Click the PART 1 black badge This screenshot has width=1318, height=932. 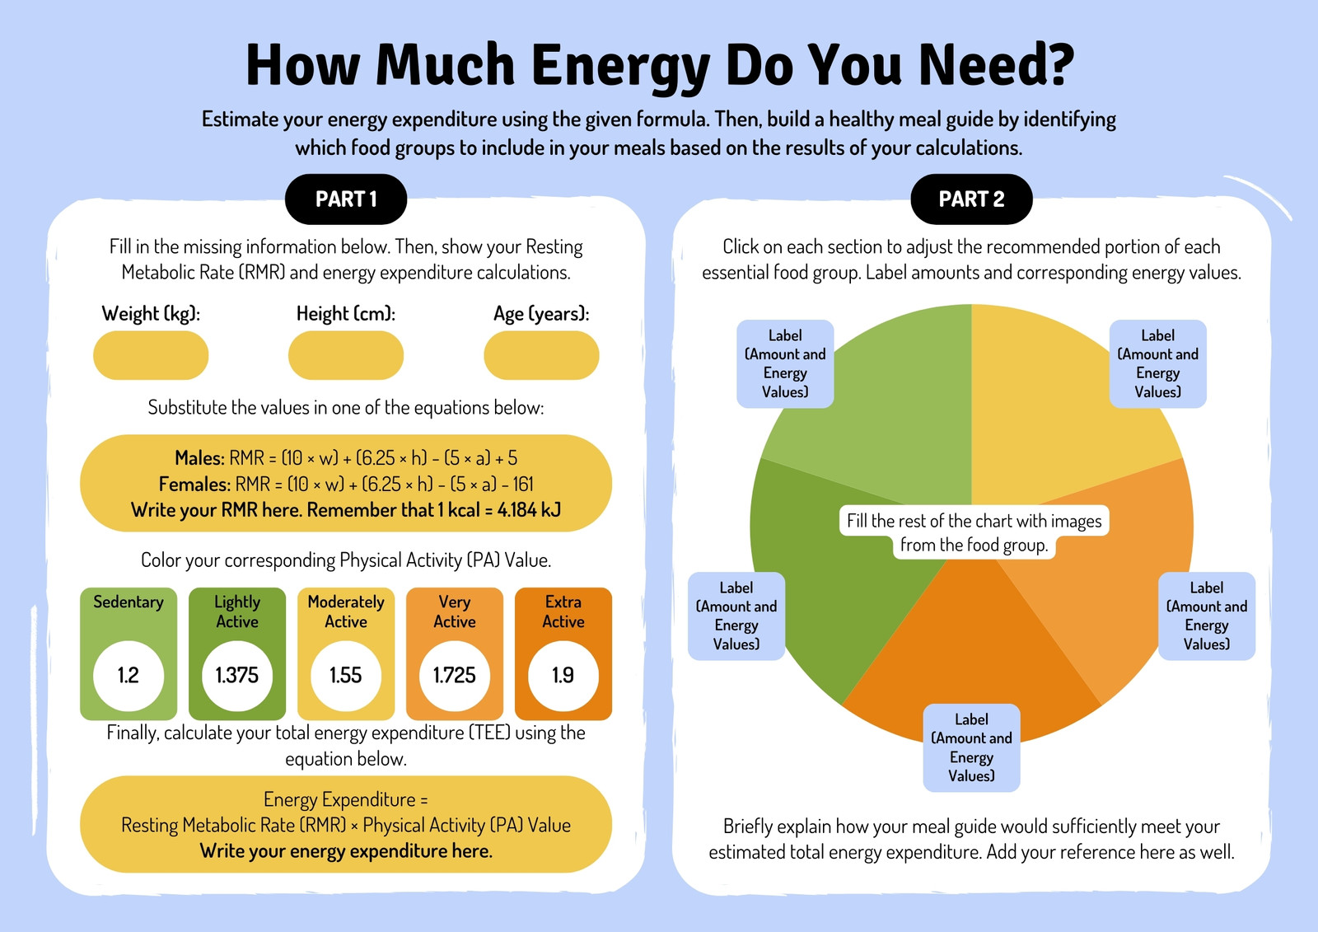pos(346,199)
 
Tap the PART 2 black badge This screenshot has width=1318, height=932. pos(971,199)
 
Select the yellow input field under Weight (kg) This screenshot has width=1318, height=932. pos(151,355)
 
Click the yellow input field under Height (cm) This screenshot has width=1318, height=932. pos(346,355)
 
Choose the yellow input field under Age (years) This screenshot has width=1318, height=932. pos(541,355)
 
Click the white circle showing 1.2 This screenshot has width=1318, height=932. pos(129,675)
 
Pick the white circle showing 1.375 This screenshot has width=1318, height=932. pos(237,675)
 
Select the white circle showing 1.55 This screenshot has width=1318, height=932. pos(346,675)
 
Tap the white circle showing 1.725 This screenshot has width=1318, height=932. pos(454,675)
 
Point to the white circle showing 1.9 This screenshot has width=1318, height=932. pos(563,675)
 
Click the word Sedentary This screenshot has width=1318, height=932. pos(129,602)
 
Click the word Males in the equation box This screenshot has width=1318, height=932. pos(199,457)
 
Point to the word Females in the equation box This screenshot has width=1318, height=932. pos(194,484)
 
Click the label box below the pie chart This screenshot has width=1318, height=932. pos(971,747)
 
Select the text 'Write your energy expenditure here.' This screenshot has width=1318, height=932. pos(346,851)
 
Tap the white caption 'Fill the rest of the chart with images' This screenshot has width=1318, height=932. pos(974,521)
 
